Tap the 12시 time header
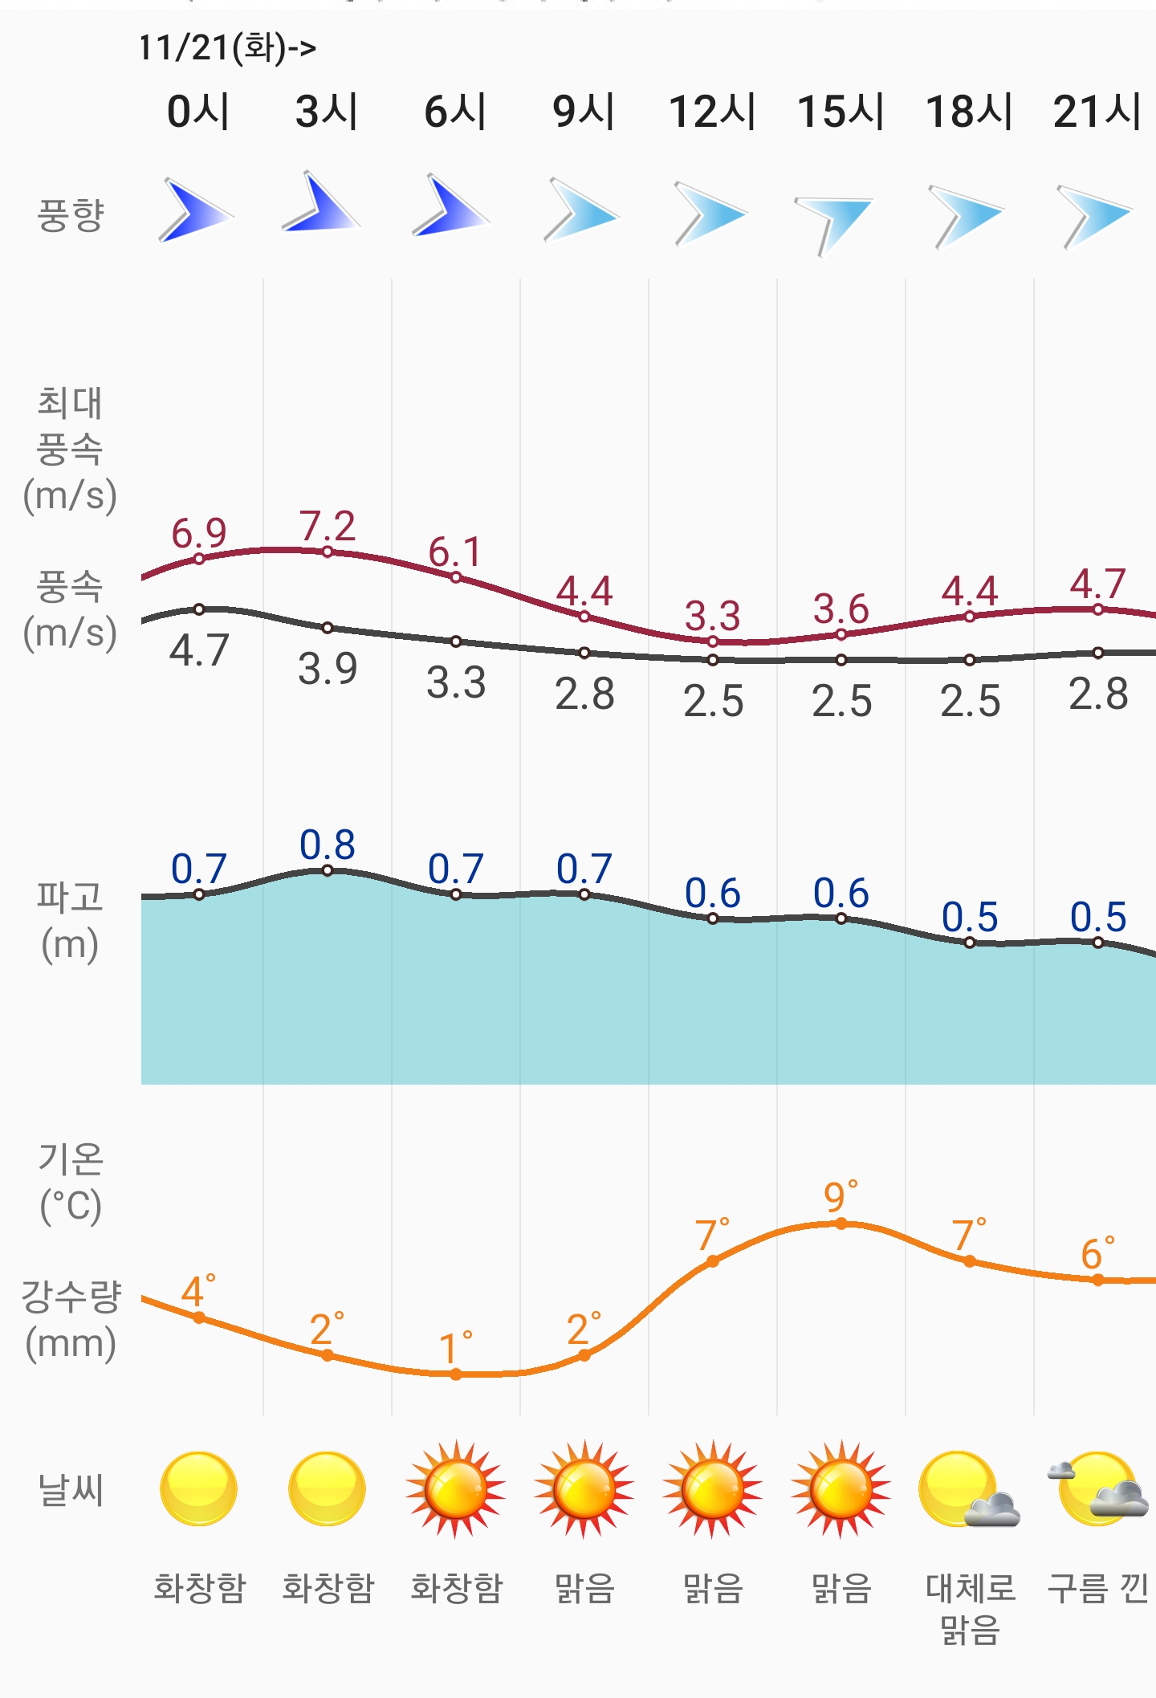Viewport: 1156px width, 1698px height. (x=712, y=111)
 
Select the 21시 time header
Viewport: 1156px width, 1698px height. (x=1097, y=111)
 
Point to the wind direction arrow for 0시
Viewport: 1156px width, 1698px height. (x=195, y=211)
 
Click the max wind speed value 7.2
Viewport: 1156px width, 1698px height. (x=328, y=527)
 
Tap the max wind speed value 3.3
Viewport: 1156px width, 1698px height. (x=712, y=617)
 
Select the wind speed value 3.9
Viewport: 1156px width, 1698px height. (x=328, y=669)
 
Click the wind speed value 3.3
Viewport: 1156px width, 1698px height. (x=456, y=683)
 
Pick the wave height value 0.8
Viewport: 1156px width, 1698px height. (x=328, y=845)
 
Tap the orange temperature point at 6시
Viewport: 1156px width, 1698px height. (x=456, y=1374)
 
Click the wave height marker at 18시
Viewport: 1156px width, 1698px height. (x=970, y=943)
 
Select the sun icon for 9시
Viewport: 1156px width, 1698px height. (x=584, y=1489)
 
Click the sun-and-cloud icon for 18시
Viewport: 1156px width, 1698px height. (x=967, y=1490)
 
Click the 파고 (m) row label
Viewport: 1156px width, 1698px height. (x=70, y=920)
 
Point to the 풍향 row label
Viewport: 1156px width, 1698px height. (x=71, y=215)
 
